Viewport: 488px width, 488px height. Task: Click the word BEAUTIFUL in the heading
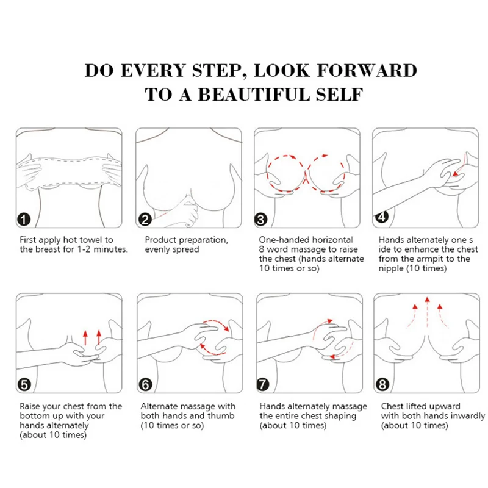[x=254, y=95]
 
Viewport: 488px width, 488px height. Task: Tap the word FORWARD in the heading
[x=367, y=70]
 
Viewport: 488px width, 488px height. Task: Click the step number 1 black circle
[x=24, y=220]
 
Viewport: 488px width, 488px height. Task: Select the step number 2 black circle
[x=145, y=220]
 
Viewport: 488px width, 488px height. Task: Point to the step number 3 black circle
[x=261, y=220]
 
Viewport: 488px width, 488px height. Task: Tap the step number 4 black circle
[x=382, y=217]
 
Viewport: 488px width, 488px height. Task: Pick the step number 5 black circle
[x=24, y=385]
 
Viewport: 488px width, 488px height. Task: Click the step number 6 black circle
[x=145, y=385]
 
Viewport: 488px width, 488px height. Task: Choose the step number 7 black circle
[x=263, y=385]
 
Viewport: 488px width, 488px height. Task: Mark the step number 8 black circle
[x=382, y=385]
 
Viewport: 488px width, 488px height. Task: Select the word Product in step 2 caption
[x=160, y=240]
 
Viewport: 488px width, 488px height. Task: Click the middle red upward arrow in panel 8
[x=428, y=312]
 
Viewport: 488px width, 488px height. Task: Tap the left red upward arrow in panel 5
[x=85, y=338]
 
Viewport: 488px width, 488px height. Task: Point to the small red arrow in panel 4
[x=459, y=165]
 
